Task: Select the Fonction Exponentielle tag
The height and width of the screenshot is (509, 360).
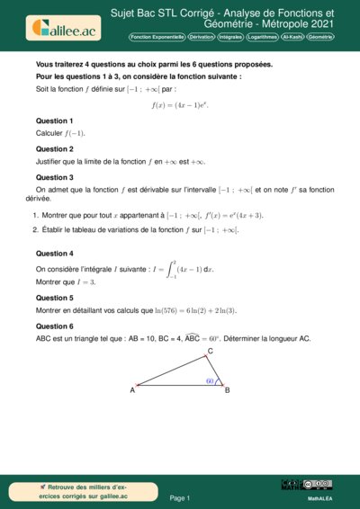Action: tap(157, 37)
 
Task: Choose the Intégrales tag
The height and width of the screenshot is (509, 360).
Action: tap(236, 37)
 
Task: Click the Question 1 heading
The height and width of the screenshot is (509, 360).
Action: tap(54, 121)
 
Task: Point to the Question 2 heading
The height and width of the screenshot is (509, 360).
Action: tap(54, 149)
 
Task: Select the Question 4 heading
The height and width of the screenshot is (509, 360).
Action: tap(54, 254)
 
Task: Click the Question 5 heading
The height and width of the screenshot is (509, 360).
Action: tap(54, 297)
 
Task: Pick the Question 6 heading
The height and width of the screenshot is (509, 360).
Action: tap(54, 326)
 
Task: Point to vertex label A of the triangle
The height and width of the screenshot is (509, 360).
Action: tap(132, 390)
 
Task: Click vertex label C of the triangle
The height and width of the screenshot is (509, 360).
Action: tap(210, 351)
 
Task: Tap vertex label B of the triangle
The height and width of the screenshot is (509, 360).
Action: tap(227, 390)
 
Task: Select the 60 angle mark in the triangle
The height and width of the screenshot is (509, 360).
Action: tap(209, 381)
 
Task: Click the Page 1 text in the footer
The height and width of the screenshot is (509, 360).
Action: tap(180, 497)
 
